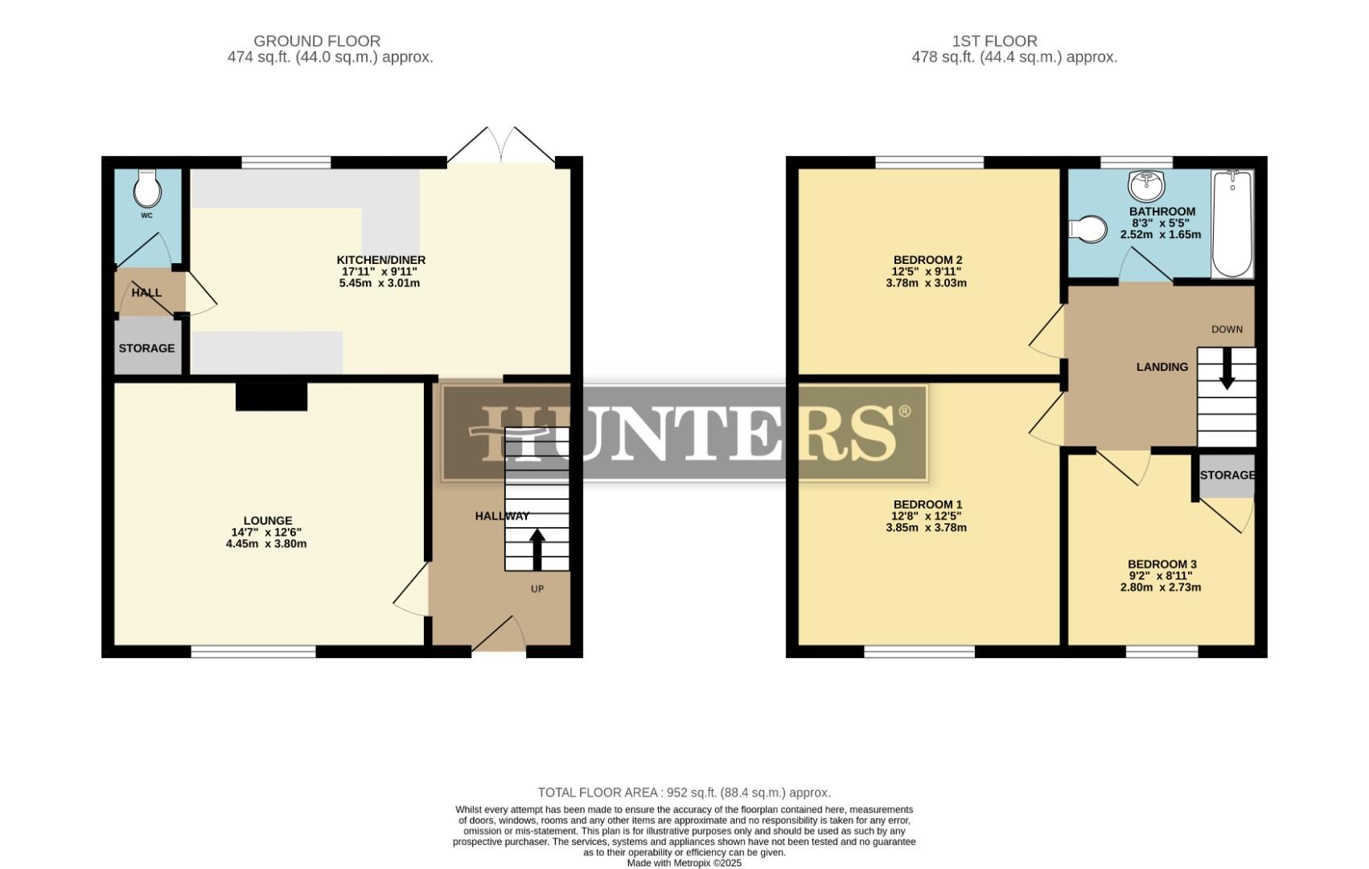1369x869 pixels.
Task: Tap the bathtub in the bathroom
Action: pos(1231,223)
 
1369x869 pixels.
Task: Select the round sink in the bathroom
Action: pos(1146,185)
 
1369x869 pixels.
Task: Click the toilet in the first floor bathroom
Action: pos(1088,229)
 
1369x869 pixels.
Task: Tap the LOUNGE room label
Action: pos(267,521)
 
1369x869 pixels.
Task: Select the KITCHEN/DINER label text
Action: pos(380,260)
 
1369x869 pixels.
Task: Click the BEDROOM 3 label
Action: pos(1161,564)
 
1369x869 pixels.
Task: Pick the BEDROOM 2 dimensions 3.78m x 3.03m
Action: pos(926,283)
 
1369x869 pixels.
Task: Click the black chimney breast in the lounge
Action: pos(271,396)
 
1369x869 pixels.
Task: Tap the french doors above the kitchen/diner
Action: pos(501,146)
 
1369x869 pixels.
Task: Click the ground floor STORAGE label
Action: pos(146,348)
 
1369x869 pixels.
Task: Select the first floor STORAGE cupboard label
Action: pos(1227,475)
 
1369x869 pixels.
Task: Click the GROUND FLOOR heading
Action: pos(316,41)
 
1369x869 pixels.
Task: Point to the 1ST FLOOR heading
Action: pos(994,41)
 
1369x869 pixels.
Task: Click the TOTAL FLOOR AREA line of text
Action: pos(684,793)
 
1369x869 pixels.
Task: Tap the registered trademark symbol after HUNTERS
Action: pos(904,412)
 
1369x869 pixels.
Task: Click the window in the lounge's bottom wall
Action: pos(253,652)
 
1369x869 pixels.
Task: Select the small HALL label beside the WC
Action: pos(146,293)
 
